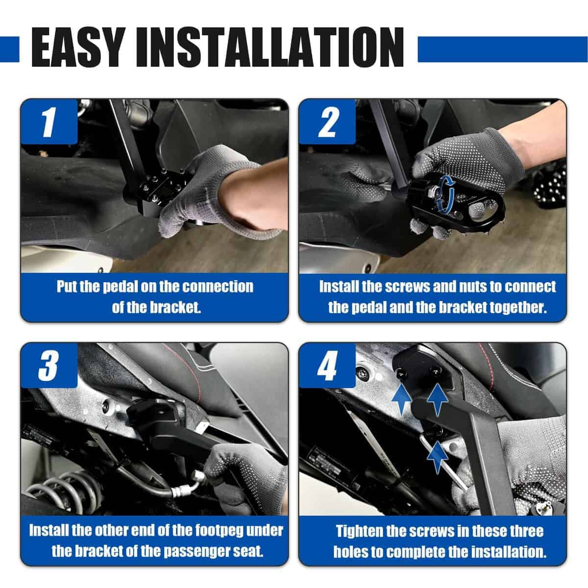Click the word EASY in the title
point(78,48)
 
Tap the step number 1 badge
point(49,121)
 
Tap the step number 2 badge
point(327,121)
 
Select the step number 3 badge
point(49,365)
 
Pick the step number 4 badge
point(327,365)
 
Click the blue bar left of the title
point(9,49)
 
